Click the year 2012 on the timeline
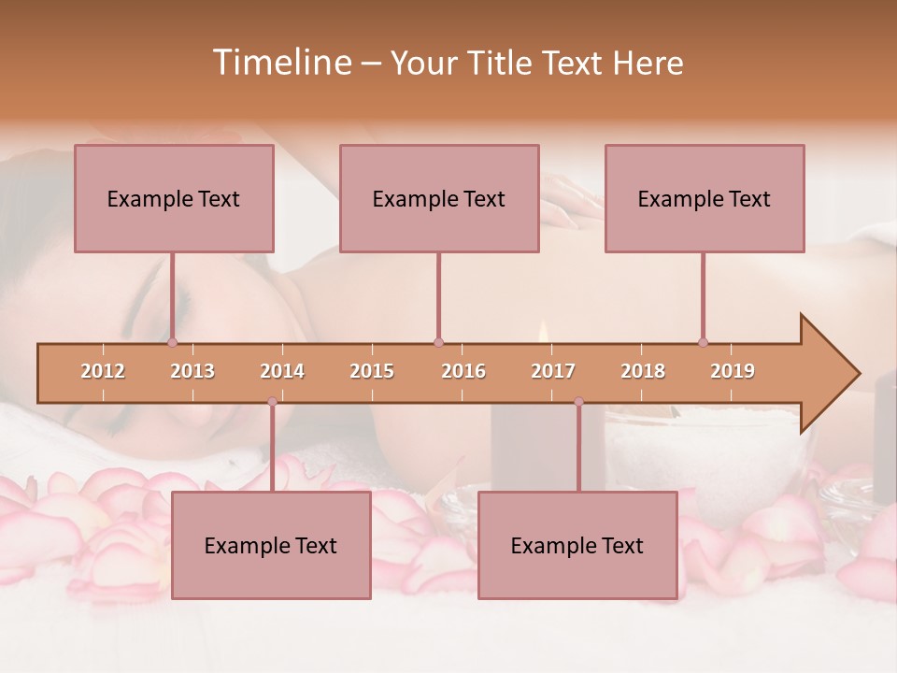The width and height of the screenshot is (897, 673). click(x=103, y=372)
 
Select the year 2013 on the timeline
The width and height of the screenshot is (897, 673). click(x=192, y=372)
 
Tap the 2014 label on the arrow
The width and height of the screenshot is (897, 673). click(x=282, y=372)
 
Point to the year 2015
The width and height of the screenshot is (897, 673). click(x=372, y=372)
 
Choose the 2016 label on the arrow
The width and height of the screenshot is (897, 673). click(x=463, y=372)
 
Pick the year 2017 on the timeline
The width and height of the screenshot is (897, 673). click(x=553, y=372)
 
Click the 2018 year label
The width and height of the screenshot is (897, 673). click(x=643, y=372)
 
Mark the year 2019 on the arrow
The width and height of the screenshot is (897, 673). click(x=733, y=372)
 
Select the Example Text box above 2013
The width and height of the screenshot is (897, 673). click(x=174, y=198)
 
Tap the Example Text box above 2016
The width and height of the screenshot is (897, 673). click(x=439, y=198)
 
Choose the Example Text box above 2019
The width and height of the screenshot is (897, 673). click(x=705, y=198)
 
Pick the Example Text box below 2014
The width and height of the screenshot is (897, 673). click(x=271, y=545)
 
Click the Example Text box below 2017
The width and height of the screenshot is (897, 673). click(x=577, y=545)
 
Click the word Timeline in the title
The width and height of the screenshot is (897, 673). click(x=280, y=63)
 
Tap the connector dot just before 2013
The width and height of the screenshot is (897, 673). click(x=173, y=343)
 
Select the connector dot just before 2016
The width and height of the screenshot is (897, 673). click(x=439, y=343)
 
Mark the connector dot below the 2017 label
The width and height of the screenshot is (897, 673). click(x=578, y=402)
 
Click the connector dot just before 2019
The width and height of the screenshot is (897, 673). click(x=704, y=343)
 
